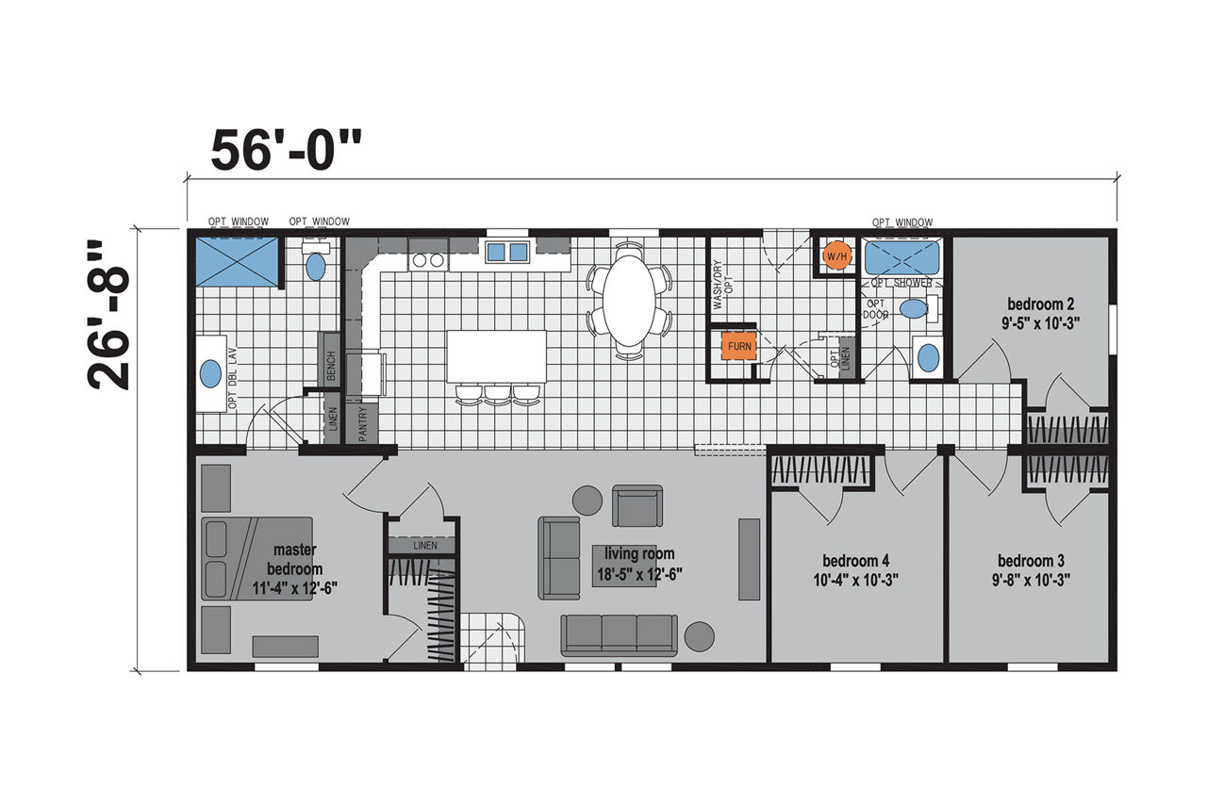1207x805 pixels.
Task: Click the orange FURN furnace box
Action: (739, 346)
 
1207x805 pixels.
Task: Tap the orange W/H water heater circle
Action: (836, 257)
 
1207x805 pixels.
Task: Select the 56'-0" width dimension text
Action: (286, 150)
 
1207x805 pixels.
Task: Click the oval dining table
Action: (629, 301)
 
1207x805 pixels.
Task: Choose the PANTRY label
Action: (362, 424)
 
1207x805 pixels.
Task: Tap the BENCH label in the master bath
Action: (331, 366)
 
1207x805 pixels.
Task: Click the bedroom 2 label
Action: (1040, 304)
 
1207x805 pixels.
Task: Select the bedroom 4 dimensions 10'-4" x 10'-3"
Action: (855, 580)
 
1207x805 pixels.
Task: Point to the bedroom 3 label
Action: (1031, 561)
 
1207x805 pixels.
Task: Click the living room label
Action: (639, 553)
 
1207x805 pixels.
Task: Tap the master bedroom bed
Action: (257, 559)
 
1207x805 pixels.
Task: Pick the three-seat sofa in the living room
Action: (620, 635)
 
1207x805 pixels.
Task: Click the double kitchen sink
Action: (507, 253)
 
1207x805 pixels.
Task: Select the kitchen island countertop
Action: (496, 356)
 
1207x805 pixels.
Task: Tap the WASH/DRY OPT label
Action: (722, 285)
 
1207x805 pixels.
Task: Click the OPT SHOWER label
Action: (901, 283)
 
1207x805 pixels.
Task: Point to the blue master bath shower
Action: (237, 262)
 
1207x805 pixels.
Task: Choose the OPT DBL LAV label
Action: (233, 378)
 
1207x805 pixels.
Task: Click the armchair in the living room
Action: (637, 506)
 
